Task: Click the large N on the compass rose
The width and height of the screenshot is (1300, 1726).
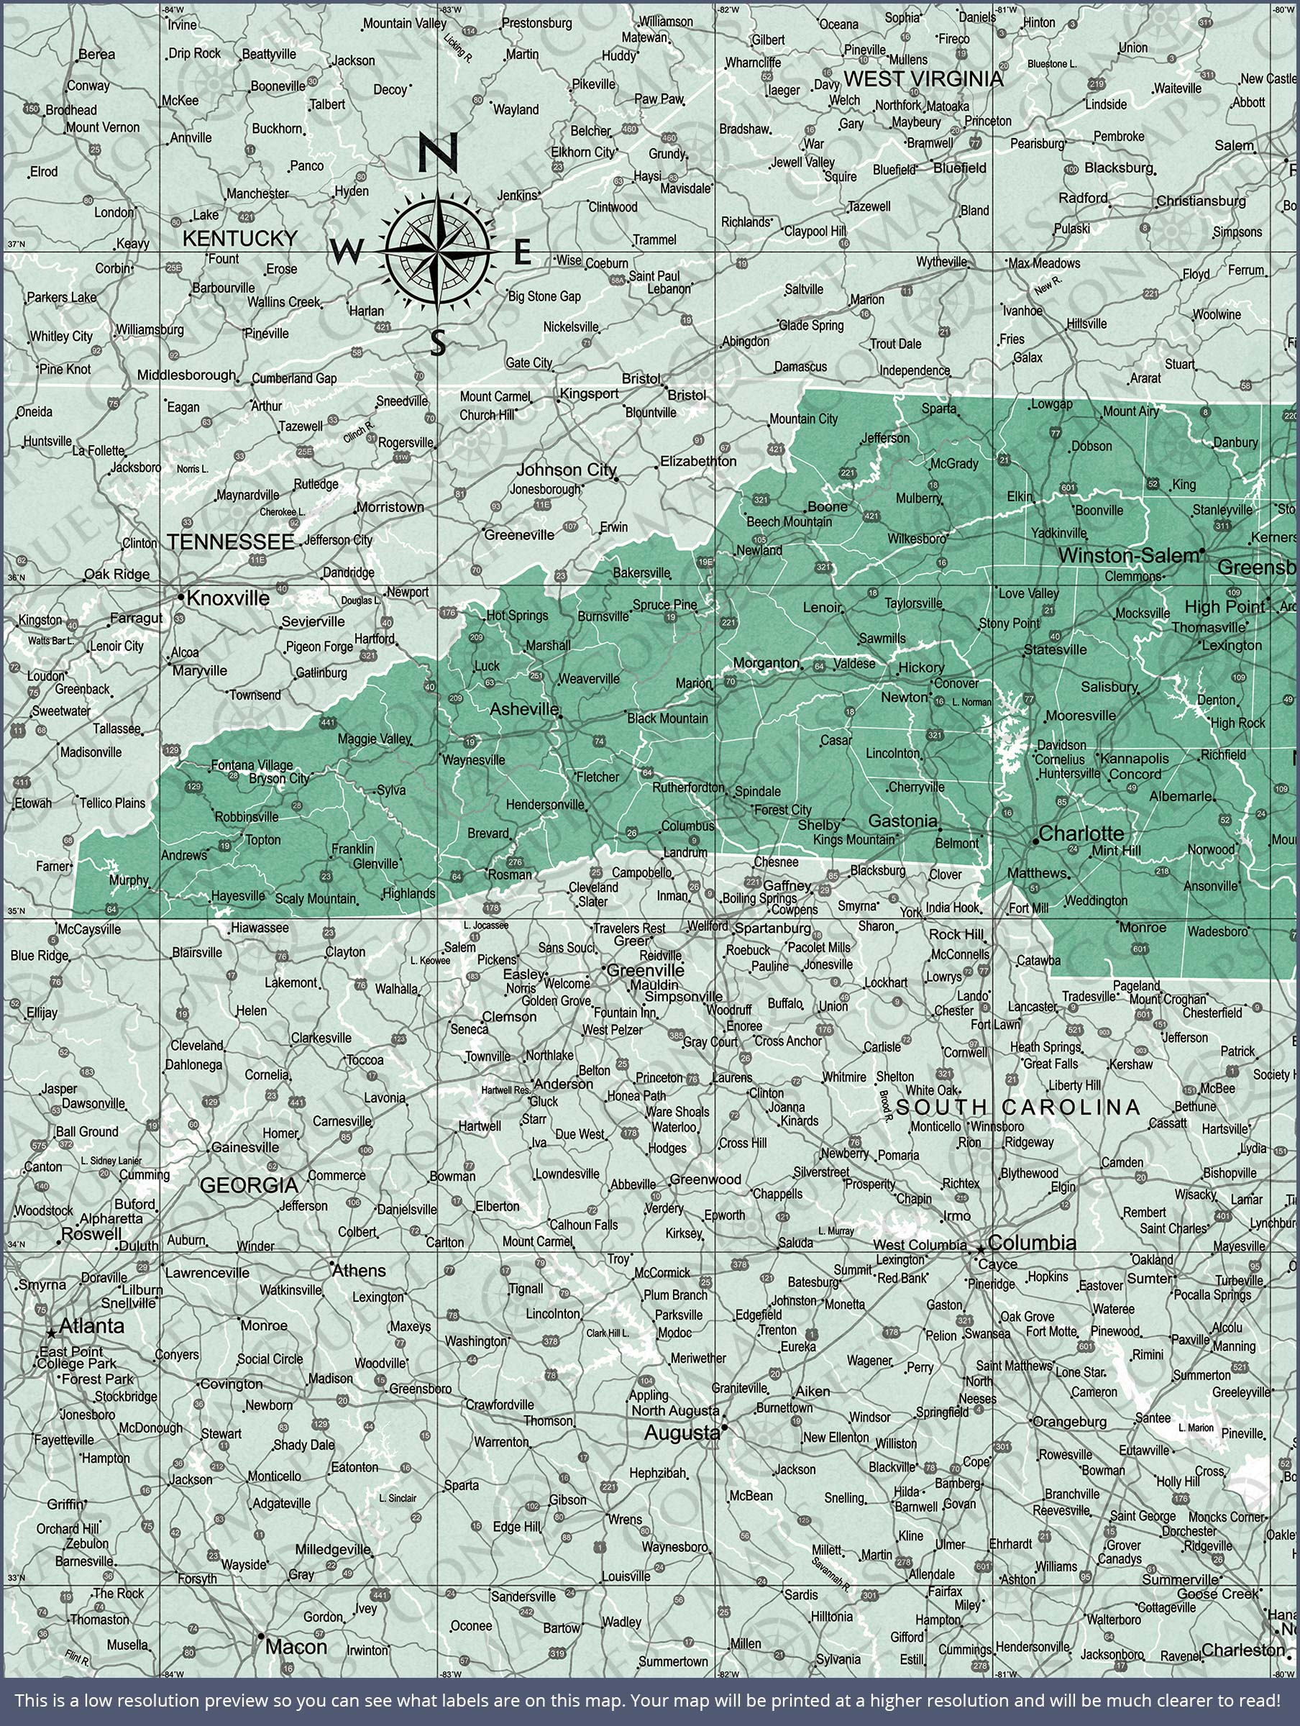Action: coord(438,153)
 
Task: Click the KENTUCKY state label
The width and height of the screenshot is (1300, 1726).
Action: coord(239,238)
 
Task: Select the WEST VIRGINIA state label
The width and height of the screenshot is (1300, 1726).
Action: coord(923,79)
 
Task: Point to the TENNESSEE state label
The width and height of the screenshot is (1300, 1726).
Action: coord(231,542)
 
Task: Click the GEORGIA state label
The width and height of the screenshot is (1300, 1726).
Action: coord(249,1185)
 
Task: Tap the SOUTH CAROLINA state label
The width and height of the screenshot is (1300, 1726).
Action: coord(1018,1107)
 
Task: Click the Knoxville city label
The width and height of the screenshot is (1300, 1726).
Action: coord(228,598)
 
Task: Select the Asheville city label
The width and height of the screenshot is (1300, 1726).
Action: coord(523,709)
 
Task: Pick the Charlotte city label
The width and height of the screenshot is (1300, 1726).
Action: coord(1081,834)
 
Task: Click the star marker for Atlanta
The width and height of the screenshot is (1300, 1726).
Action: coord(52,1333)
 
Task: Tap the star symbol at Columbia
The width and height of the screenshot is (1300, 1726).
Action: coord(980,1248)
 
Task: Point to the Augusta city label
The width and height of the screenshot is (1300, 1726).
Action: coord(681,1433)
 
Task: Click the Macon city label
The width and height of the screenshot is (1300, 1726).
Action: coord(296,1647)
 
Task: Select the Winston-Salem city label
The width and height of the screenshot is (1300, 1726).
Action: coord(1127,556)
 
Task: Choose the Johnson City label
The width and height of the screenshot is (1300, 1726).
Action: coord(567,470)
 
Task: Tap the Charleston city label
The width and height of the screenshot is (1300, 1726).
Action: coord(1242,1650)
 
